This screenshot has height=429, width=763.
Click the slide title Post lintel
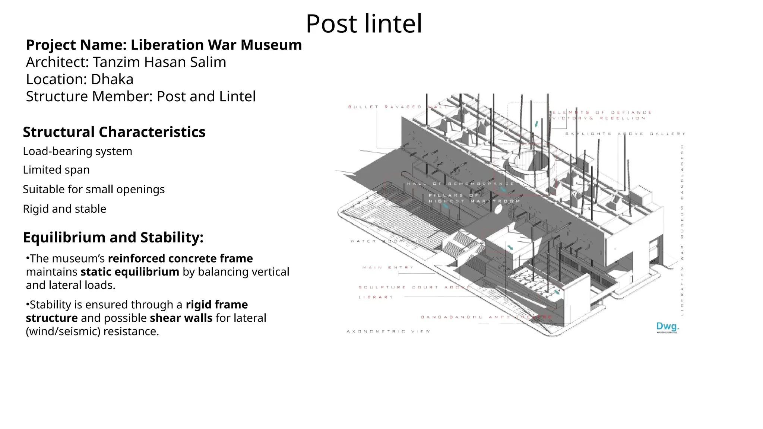(364, 24)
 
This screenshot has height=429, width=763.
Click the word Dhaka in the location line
(112, 79)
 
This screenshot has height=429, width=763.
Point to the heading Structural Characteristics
(114, 132)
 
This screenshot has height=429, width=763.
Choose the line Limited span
(56, 170)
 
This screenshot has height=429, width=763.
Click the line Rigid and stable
(64, 209)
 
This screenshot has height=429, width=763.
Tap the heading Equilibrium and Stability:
(113, 237)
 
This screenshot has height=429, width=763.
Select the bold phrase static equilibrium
(130, 272)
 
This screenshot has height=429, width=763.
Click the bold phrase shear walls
(181, 318)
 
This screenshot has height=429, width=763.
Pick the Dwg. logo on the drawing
(668, 327)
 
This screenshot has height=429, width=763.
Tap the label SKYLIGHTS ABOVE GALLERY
(625, 134)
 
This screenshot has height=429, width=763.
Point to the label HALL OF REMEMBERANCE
(460, 184)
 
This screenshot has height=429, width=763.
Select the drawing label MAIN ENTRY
(387, 267)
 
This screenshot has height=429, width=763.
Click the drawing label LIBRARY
(376, 297)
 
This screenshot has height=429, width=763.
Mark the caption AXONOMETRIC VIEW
(388, 331)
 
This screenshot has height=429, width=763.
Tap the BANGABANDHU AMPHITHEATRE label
(486, 317)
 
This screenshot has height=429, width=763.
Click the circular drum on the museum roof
(528, 164)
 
